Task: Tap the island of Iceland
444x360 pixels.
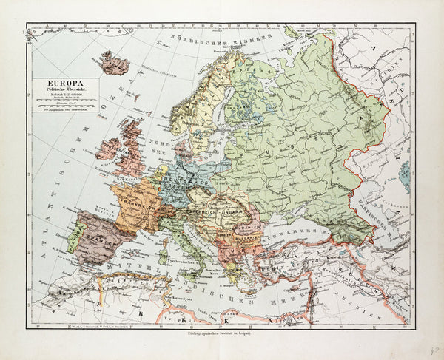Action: coord(115,64)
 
